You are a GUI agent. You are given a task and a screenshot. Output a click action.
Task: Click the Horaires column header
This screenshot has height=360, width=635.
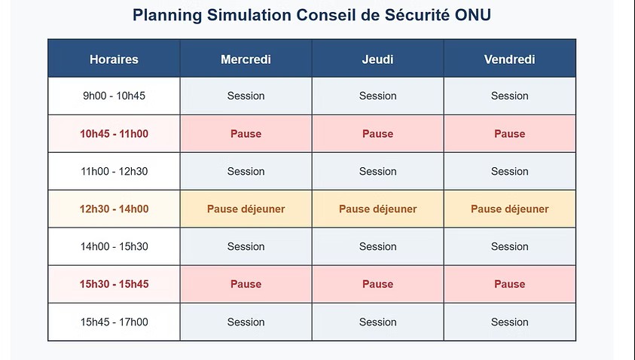click(114, 59)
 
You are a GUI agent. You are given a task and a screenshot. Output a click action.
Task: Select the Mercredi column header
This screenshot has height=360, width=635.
click(246, 59)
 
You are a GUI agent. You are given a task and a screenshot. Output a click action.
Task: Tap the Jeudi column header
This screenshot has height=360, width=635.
click(378, 59)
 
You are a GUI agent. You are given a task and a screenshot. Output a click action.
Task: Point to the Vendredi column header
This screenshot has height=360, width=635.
click(509, 59)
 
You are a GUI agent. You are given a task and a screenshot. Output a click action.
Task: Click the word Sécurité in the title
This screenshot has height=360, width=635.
click(417, 15)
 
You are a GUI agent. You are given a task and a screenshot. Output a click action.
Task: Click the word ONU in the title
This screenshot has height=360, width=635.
click(473, 15)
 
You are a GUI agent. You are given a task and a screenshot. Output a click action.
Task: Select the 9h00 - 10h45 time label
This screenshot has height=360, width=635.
click(114, 96)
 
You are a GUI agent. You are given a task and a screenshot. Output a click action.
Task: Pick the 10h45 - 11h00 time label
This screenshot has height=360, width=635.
click(114, 133)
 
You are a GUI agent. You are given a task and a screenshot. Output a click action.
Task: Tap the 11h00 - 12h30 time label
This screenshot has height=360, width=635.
click(114, 171)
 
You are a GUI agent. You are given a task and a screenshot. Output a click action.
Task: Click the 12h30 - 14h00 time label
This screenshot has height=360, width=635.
click(114, 209)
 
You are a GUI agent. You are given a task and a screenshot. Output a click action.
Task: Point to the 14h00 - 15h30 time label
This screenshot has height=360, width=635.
click(114, 246)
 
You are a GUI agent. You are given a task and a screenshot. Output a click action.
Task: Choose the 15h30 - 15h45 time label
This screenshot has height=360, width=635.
click(114, 284)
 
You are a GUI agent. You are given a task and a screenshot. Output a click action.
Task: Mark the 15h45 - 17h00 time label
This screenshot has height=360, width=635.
click(114, 322)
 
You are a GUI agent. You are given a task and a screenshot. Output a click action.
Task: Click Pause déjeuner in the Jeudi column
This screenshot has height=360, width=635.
click(378, 209)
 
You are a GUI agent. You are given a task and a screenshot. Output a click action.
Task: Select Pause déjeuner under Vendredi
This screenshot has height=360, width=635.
click(509, 209)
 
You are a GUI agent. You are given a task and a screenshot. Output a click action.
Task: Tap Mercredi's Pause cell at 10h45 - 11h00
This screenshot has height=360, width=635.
click(246, 133)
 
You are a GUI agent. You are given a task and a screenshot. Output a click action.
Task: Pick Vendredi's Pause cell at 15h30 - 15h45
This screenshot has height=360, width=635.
click(509, 284)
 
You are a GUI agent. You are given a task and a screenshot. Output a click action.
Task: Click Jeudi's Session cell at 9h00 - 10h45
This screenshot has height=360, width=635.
click(378, 96)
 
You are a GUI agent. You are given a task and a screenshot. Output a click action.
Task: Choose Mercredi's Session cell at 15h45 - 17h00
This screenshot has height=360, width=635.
click(246, 322)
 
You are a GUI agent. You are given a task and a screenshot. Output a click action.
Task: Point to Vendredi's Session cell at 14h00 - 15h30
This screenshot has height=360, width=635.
click(509, 246)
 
